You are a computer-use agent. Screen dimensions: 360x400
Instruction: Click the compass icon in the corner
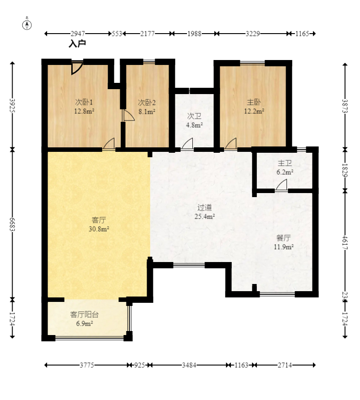[27, 24]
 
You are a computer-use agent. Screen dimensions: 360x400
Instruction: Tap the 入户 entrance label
[77, 43]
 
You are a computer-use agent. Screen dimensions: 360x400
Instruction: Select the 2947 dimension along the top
[78, 34]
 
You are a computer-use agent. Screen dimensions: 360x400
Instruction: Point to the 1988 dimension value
[194, 34]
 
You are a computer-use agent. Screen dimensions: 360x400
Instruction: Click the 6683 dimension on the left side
[12, 224]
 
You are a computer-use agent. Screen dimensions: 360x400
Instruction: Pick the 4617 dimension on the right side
[345, 242]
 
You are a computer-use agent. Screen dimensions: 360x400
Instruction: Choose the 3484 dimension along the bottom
[189, 366]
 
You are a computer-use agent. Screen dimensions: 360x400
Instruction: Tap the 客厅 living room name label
[99, 220]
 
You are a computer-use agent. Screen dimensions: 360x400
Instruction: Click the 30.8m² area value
[99, 229]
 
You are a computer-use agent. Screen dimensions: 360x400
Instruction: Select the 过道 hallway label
[204, 207]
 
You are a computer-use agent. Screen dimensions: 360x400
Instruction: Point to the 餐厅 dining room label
[283, 238]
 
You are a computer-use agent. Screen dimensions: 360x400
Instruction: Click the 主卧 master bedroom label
[254, 102]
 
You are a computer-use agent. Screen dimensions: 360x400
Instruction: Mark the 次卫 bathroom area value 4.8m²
[194, 125]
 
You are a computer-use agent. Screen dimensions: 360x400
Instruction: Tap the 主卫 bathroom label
[285, 163]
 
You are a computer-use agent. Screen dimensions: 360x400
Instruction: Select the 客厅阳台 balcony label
[84, 314]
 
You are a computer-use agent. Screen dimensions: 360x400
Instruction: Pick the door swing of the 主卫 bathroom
[282, 185]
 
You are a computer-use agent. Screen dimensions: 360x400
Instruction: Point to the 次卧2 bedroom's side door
[128, 116]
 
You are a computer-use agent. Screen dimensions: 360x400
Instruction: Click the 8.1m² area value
[147, 112]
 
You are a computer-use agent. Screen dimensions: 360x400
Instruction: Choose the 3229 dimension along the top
[253, 34]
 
